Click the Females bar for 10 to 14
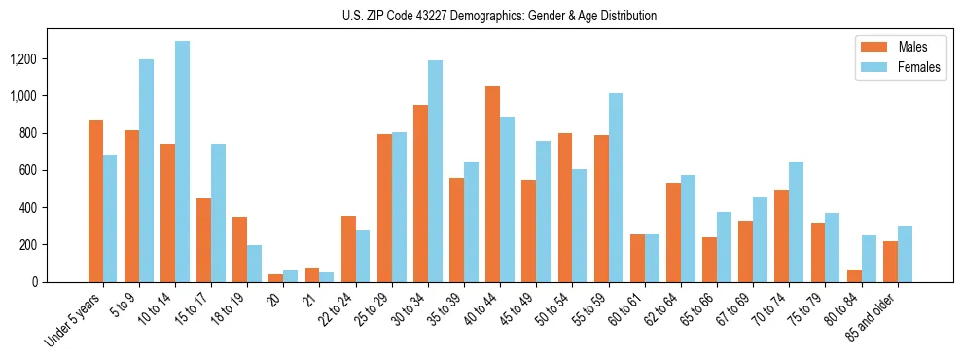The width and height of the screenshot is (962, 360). pos(183,162)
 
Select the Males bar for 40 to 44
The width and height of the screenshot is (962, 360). pos(492,184)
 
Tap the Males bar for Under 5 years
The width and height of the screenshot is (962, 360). pos(95,201)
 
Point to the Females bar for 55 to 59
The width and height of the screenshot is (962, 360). pos(615,188)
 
